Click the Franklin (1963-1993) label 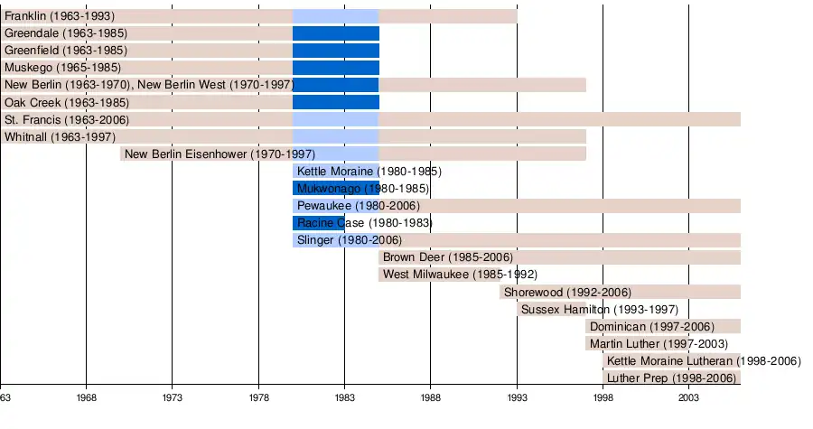(60, 16)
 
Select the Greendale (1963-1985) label (65, 33)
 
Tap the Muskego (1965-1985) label (62, 68)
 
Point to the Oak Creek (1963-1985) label (66, 102)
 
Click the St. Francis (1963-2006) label (67, 119)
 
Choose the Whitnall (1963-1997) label (60, 136)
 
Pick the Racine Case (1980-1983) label (364, 222)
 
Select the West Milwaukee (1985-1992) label (460, 274)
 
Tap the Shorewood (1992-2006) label (567, 292)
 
